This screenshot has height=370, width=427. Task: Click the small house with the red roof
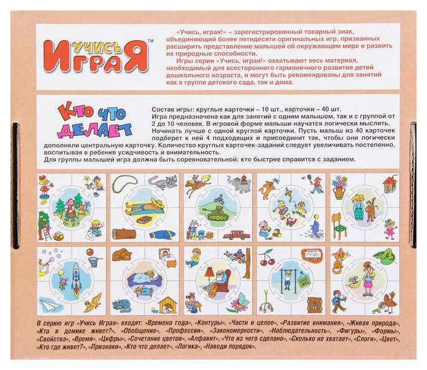[x=390, y=184]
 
